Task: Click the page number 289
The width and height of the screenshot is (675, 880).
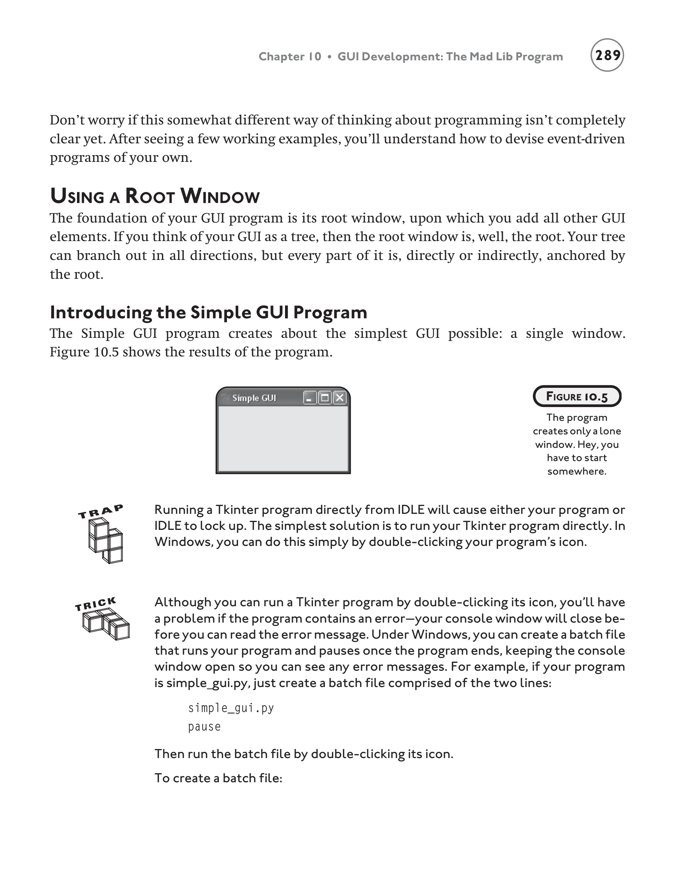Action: (607, 55)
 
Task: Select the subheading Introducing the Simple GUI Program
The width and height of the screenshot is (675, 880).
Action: (208, 312)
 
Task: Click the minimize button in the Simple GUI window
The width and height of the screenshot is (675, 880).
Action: (309, 398)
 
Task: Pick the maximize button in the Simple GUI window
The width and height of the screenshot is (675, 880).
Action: (325, 398)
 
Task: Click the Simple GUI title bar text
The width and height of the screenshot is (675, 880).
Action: (254, 398)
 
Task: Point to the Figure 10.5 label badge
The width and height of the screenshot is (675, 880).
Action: (577, 397)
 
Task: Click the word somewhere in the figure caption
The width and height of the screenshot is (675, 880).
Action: (577, 471)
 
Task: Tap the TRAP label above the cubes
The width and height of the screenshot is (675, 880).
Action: (101, 512)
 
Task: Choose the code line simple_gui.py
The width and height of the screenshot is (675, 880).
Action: (231, 708)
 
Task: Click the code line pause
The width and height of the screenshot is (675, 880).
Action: (205, 727)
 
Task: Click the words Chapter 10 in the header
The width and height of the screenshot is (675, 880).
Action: (290, 57)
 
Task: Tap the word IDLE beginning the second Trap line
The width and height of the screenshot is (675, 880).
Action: (167, 526)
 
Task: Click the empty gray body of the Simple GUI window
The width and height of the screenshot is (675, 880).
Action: (283, 439)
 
